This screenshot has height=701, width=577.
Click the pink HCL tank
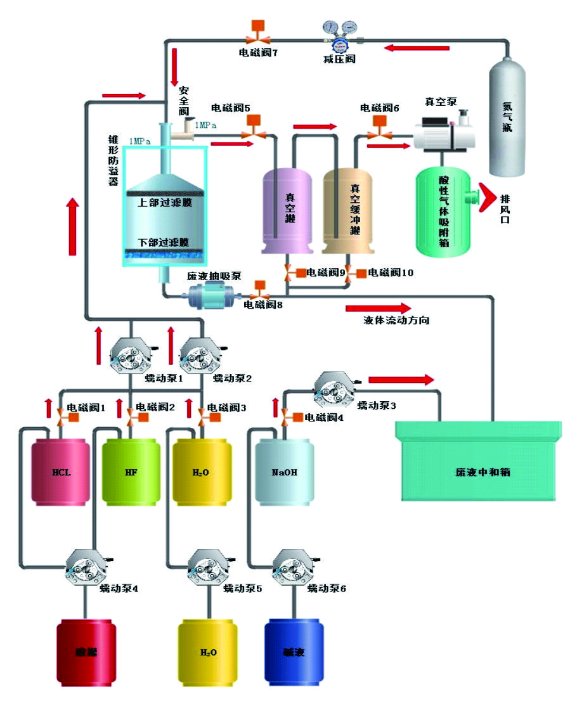click(60, 472)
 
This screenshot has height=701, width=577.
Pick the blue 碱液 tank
click(294, 651)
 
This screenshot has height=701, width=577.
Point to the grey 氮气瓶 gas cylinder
click(507, 120)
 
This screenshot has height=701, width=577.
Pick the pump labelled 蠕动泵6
click(293, 567)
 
